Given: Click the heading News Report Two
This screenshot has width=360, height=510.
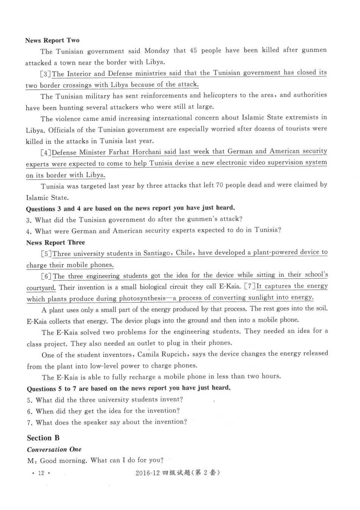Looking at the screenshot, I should (52, 40).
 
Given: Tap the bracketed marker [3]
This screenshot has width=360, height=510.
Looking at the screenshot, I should (46, 74).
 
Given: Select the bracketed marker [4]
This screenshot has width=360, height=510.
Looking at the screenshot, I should (46, 153).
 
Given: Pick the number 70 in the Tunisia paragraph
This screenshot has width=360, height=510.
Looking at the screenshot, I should (219, 185).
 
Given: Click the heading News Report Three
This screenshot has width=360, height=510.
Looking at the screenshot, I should (56, 242).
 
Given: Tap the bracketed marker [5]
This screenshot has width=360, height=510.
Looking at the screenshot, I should (47, 254).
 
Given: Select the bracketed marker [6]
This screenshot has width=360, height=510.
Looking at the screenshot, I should (47, 276).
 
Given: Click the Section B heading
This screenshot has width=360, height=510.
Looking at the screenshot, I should (43, 438).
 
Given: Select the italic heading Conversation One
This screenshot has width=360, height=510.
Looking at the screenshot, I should (54, 449).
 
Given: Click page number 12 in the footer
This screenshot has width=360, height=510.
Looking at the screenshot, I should (41, 473).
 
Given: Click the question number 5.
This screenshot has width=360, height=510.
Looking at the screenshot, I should (29, 400).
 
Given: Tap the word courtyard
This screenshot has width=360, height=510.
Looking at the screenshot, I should (41, 288).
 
